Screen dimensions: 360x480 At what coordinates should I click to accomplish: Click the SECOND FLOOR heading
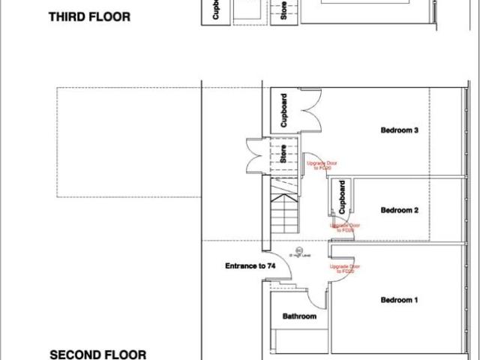pyautogui.click(x=97, y=354)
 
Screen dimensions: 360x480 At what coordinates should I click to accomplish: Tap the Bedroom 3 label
pyautogui.click(x=399, y=130)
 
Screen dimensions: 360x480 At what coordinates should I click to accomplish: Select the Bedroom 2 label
pyautogui.click(x=399, y=210)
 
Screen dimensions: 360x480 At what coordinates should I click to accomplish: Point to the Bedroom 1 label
pyautogui.click(x=399, y=300)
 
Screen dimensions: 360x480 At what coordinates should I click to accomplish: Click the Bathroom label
pyautogui.click(x=299, y=316)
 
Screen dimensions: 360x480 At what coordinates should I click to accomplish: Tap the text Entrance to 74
pyautogui.click(x=250, y=266)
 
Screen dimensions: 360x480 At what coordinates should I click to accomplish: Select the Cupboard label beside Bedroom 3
pyautogui.click(x=283, y=111)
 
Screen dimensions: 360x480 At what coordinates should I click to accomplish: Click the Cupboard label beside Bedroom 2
pyautogui.click(x=342, y=196)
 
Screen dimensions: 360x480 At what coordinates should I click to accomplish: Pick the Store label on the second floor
pyautogui.click(x=283, y=154)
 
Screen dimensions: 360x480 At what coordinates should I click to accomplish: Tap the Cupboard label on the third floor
pyautogui.click(x=216, y=11)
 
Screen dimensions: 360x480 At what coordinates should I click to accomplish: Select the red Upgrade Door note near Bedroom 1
pyautogui.click(x=341, y=268)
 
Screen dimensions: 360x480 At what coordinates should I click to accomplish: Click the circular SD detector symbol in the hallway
pyautogui.click(x=298, y=250)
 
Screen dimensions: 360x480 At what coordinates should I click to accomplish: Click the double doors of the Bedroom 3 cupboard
pyautogui.click(x=307, y=111)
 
